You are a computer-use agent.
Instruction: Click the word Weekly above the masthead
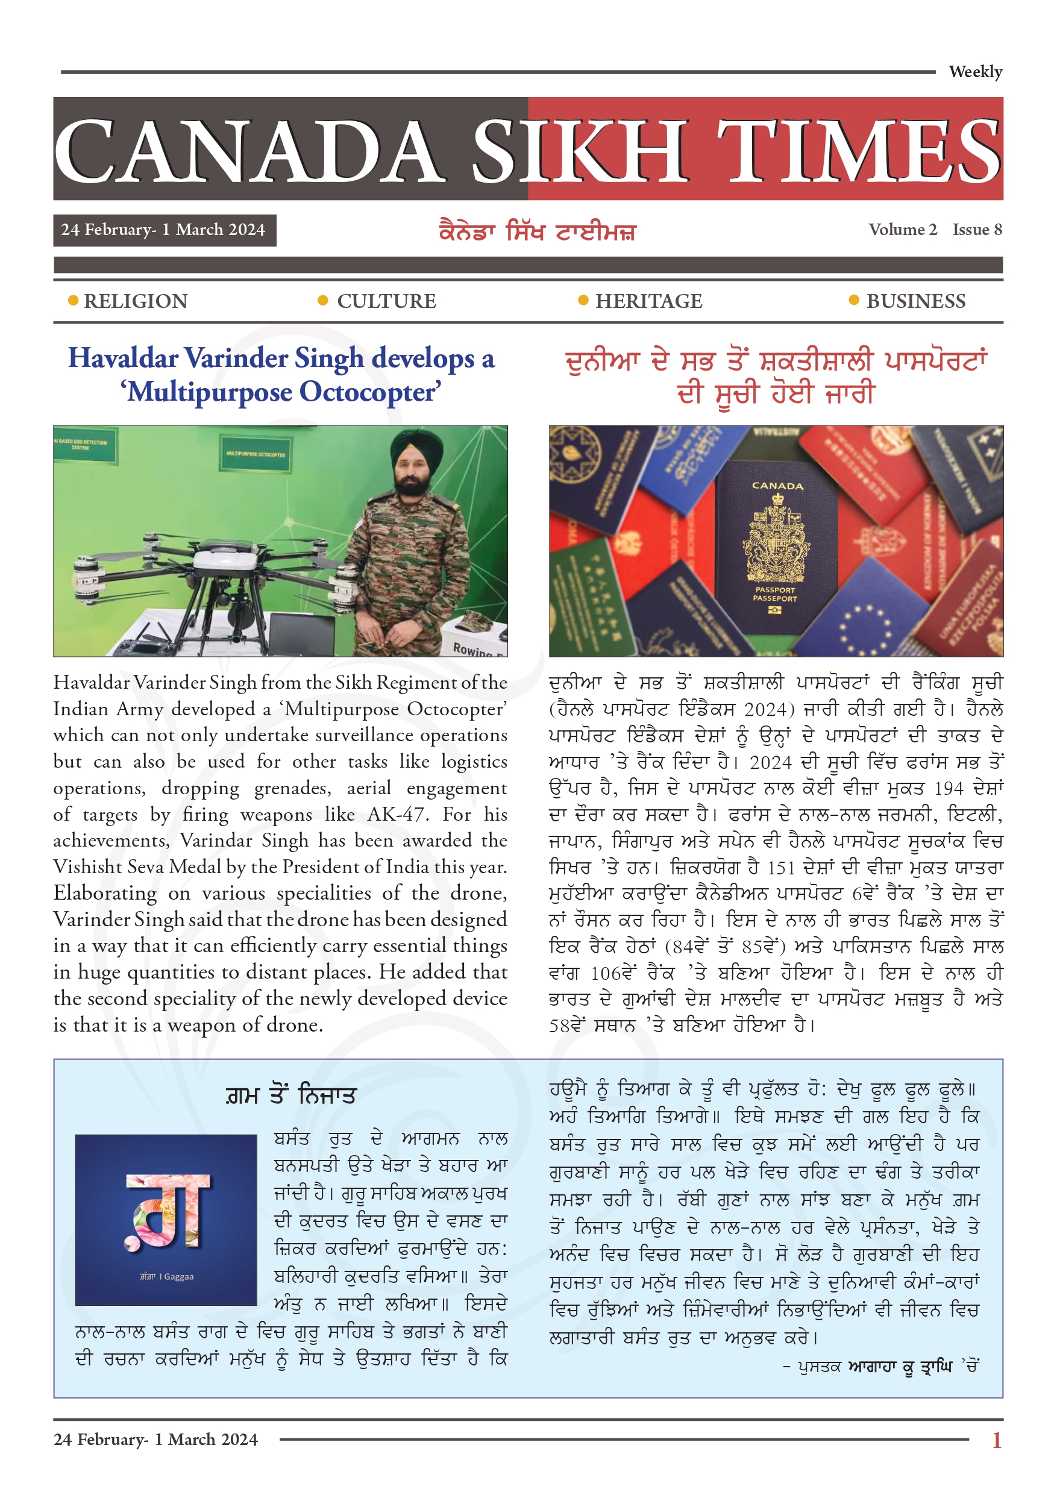(975, 72)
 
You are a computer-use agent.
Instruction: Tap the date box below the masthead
(164, 230)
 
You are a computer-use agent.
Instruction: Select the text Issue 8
(977, 229)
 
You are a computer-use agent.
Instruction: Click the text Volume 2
(902, 229)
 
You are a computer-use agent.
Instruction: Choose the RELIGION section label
(136, 301)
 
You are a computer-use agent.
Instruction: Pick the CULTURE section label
(386, 301)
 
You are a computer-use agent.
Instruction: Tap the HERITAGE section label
(648, 301)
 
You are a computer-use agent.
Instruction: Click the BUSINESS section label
(915, 301)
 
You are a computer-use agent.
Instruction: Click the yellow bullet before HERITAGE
(583, 300)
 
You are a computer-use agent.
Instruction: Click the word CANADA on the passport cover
(777, 486)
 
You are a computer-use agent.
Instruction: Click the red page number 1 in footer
(996, 1440)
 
